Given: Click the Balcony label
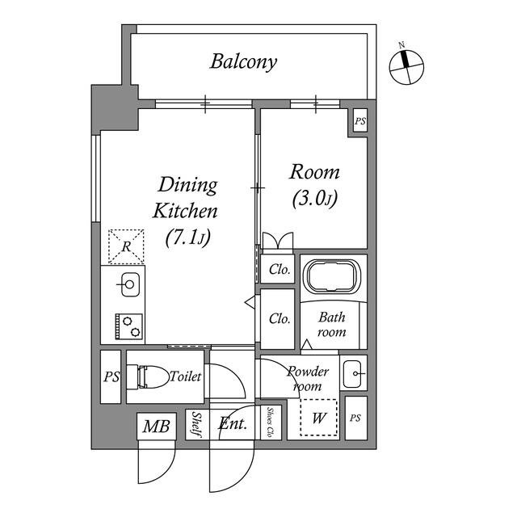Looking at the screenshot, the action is pos(243,62).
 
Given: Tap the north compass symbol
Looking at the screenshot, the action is pos(406,66).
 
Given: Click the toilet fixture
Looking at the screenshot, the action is pos(147,376).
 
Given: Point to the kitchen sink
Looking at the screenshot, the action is pos(129,284).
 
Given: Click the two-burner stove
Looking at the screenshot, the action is pos(129,326).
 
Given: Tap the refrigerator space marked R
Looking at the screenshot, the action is pos(126,246).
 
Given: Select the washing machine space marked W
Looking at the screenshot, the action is pos(319,418).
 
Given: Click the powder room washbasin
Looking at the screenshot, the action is pos(353,374).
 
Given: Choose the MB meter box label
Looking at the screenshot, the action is pos(156,427).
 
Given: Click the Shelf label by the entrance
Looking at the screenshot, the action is pos(197,425).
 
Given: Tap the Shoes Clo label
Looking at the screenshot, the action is pos(271,422).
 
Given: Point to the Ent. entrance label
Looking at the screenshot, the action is pos(233,423).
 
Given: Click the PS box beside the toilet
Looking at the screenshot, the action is pos(111,377).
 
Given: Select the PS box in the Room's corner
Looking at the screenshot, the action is pos(360,121).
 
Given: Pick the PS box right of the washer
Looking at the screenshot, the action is pos(355,418).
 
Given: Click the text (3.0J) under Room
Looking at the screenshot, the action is pos(315,199).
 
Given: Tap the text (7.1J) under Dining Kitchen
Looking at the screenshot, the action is pos(188,237).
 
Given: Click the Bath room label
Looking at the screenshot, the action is pos(332,325).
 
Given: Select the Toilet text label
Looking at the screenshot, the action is pos(185,376).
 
